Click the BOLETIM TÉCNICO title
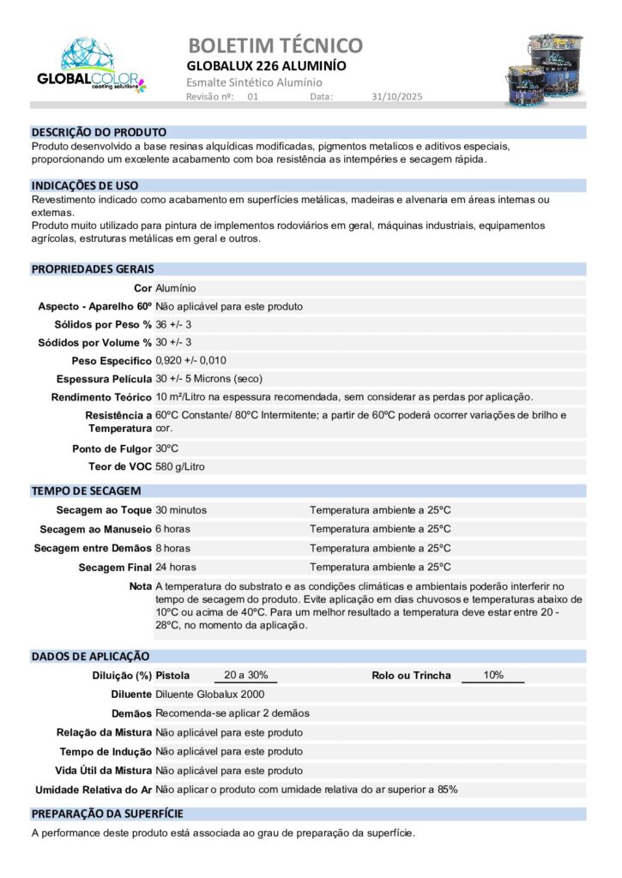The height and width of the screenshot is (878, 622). tap(275, 45)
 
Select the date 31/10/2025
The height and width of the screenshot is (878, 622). tap(397, 97)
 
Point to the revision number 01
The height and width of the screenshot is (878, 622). tap(252, 97)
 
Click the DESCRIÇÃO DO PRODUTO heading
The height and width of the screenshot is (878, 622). tap(99, 133)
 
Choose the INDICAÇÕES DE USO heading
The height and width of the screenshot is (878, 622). tap(85, 185)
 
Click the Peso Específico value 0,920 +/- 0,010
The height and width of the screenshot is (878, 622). tap(190, 360)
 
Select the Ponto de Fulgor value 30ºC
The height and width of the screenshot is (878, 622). tap(166, 448)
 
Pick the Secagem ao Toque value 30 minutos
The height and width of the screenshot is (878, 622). tap(181, 510)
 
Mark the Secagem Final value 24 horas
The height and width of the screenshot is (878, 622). tap(176, 567)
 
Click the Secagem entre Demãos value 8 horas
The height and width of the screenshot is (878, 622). tap(173, 548)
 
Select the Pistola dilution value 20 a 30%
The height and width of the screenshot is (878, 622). tap(245, 675)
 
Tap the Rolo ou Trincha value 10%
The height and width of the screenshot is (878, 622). tap(493, 675)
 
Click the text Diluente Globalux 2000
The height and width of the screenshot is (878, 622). tap(210, 695)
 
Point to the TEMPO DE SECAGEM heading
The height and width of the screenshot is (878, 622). tap(87, 491)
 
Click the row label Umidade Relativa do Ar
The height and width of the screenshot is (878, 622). tap(94, 789)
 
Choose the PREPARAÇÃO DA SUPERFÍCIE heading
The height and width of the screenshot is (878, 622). tap(107, 814)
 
